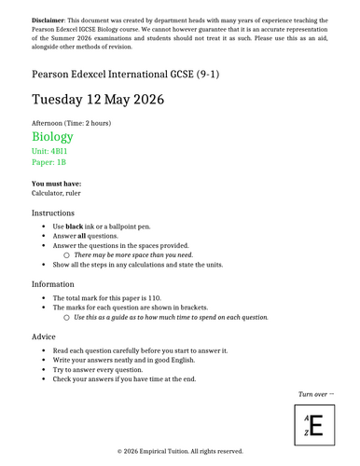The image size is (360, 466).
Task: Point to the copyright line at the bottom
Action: pos(180,451)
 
